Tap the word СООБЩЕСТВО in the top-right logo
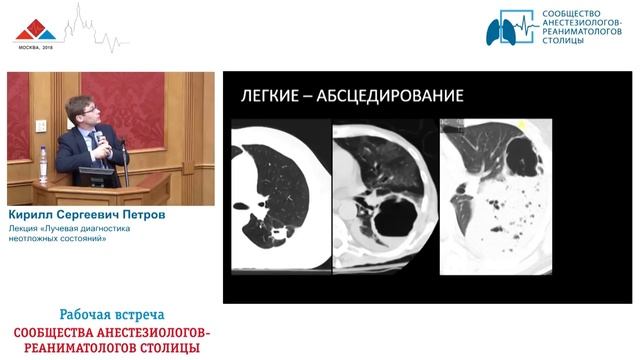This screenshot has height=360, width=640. pyautogui.click(x=573, y=15)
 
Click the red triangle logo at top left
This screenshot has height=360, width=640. pyautogui.click(x=35, y=28)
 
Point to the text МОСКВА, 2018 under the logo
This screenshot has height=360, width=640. pyautogui.click(x=34, y=48)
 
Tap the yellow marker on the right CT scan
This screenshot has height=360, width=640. pyautogui.click(x=525, y=125)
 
